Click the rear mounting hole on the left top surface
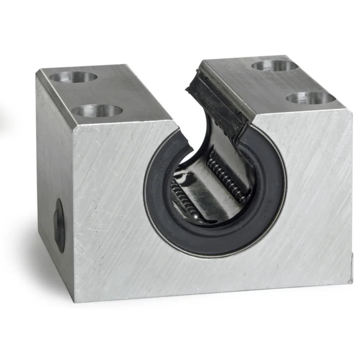click(73, 77)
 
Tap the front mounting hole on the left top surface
click(97, 111)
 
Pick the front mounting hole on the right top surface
click(310, 98)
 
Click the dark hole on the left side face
click(59, 225)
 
